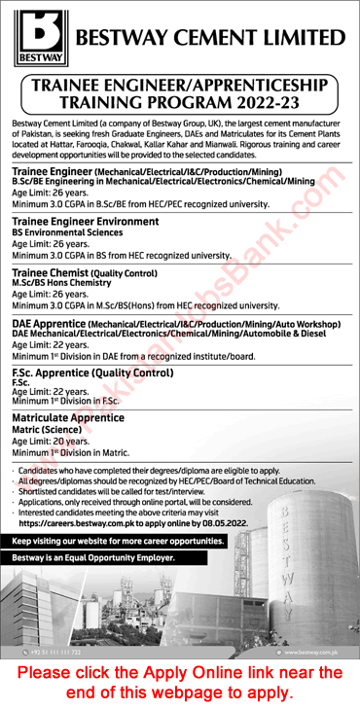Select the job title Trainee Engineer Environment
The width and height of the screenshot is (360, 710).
pyautogui.click(x=86, y=222)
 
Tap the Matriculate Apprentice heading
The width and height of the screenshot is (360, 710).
pyautogui.click(x=68, y=417)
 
